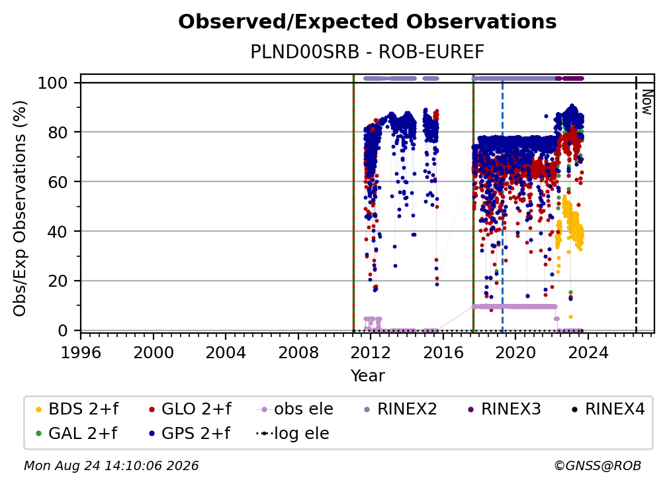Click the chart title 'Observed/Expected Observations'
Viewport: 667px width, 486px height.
tap(367, 22)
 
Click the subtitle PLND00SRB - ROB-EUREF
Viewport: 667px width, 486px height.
tap(367, 52)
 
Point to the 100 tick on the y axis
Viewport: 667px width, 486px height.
tap(53, 83)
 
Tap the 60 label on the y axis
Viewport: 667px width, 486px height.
tap(58, 182)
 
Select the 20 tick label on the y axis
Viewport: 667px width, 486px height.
tap(58, 281)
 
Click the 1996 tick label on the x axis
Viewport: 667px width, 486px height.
tap(81, 353)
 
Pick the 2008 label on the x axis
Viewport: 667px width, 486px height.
tap(298, 353)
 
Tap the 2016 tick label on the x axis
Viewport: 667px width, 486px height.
tap(443, 353)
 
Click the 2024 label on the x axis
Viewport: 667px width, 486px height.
tap(588, 353)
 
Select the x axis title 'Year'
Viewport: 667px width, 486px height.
tap(367, 376)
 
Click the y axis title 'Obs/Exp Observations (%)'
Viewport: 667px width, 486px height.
tap(20, 209)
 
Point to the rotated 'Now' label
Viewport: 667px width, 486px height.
tap(647, 103)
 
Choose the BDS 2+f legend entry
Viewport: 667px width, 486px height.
tap(77, 409)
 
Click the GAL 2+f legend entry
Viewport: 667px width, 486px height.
tap(76, 434)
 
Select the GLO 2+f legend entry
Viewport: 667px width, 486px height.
tap(190, 409)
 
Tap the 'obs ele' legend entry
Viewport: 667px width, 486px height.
tap(295, 409)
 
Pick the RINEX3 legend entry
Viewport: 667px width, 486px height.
tap(504, 409)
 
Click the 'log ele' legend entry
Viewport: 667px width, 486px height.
tap(292, 434)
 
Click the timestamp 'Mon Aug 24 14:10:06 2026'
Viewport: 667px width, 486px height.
tap(111, 466)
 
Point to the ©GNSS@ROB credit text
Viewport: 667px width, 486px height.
tap(598, 466)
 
